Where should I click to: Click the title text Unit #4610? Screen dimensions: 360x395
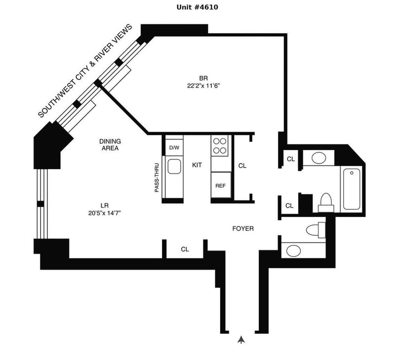click(x=197, y=7)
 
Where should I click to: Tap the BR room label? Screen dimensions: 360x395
click(x=203, y=78)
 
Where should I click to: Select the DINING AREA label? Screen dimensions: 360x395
click(x=110, y=144)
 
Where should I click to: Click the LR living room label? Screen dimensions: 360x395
click(x=104, y=205)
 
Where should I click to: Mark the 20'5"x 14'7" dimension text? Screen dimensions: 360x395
click(x=104, y=213)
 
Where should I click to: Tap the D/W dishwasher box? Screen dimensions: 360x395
click(x=174, y=147)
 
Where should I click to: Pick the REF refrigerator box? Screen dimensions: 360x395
click(x=221, y=186)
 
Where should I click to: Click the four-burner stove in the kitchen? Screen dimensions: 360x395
click(x=221, y=145)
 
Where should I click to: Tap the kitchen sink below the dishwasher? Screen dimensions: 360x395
click(x=174, y=167)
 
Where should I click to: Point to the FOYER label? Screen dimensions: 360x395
click(x=243, y=229)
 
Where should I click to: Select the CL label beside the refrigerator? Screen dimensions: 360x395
click(x=242, y=166)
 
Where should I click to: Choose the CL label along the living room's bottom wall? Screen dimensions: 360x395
click(x=185, y=250)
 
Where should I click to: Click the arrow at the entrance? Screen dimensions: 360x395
click(x=241, y=339)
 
